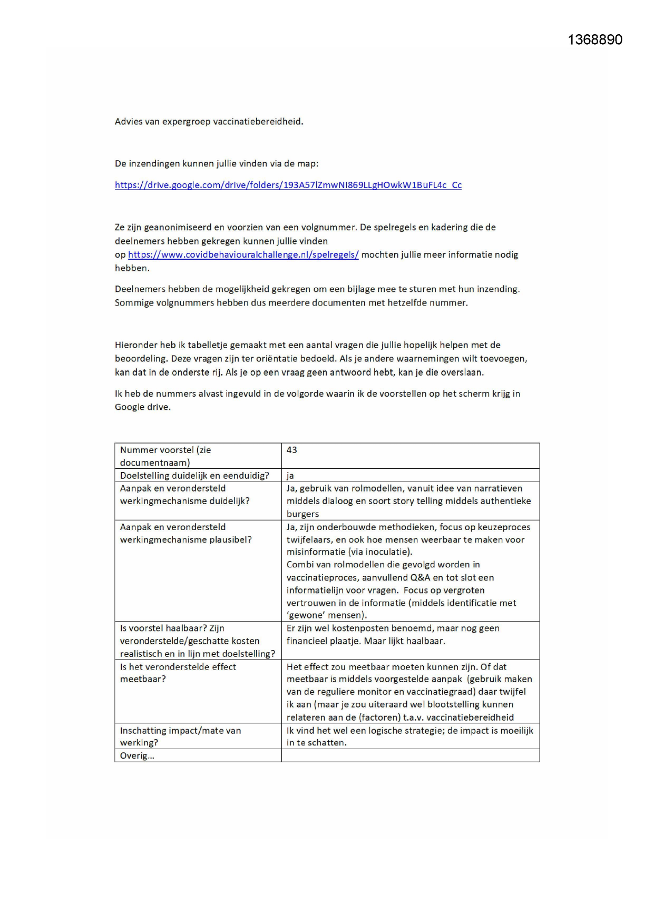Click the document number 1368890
tap(595, 40)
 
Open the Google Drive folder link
tap(288, 185)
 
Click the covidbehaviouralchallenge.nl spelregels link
tap(243, 254)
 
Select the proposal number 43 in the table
tap(292, 450)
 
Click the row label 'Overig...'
tap(137, 755)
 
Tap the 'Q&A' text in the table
tap(420, 577)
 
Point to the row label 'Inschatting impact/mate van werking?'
tap(180, 736)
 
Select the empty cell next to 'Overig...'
tap(410, 755)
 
